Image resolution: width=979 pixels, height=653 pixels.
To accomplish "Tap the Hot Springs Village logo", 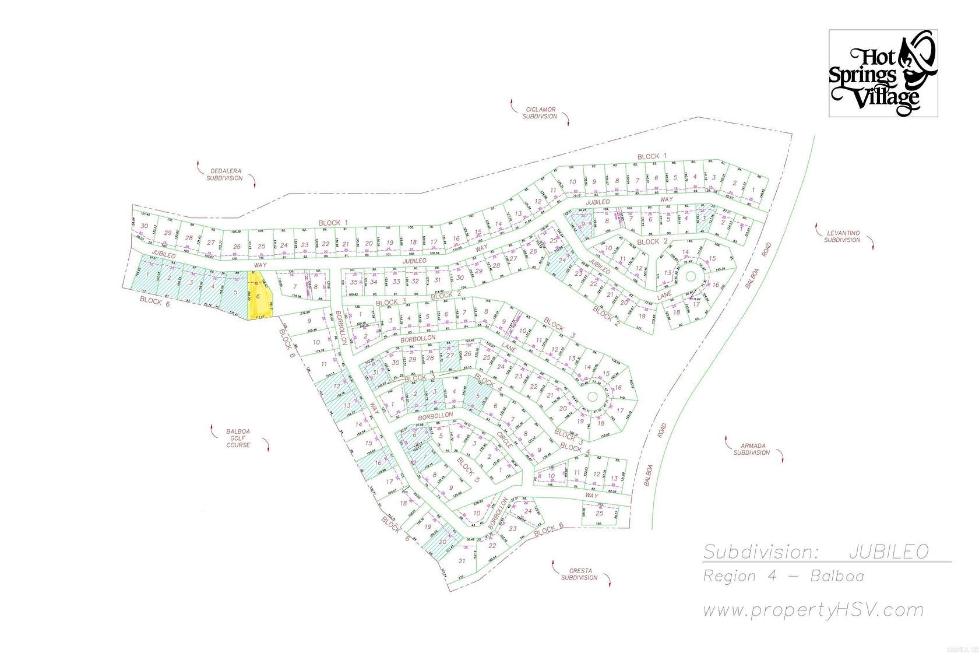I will click(x=883, y=73).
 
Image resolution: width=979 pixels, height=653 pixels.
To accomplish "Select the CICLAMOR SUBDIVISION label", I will click(x=540, y=113).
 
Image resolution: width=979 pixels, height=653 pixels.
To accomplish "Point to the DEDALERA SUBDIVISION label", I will click(x=224, y=175).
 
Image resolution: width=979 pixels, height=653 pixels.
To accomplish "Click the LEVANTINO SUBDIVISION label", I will click(x=842, y=236).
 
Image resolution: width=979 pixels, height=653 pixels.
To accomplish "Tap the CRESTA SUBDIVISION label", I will click(x=579, y=574).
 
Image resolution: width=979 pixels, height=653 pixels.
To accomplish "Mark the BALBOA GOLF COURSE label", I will click(x=238, y=438).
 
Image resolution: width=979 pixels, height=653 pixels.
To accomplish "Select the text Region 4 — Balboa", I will click(x=783, y=577).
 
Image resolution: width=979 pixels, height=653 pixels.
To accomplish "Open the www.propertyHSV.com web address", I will click(x=813, y=610).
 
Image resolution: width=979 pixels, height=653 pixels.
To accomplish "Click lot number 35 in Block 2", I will click(x=354, y=282).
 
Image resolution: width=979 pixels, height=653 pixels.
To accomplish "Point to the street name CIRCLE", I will click(x=505, y=441).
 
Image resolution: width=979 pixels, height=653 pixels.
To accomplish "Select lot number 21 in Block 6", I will click(x=462, y=561).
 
